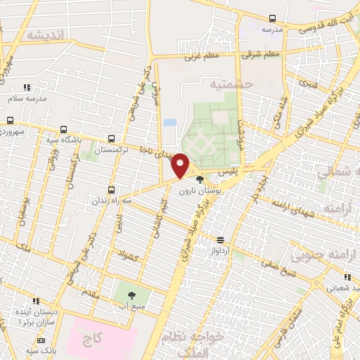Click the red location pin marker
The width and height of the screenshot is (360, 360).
(x=181, y=166)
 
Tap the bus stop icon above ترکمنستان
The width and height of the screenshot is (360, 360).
(x=112, y=139)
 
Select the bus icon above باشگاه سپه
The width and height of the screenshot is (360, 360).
(x=64, y=129)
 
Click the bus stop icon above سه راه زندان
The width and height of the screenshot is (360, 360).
(x=112, y=190)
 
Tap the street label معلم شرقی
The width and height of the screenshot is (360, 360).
(x=261, y=53)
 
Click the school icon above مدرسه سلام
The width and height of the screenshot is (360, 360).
(x=27, y=88)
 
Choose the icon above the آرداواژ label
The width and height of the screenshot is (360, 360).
(x=219, y=239)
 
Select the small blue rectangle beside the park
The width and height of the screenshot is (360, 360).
(x=169, y=122)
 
